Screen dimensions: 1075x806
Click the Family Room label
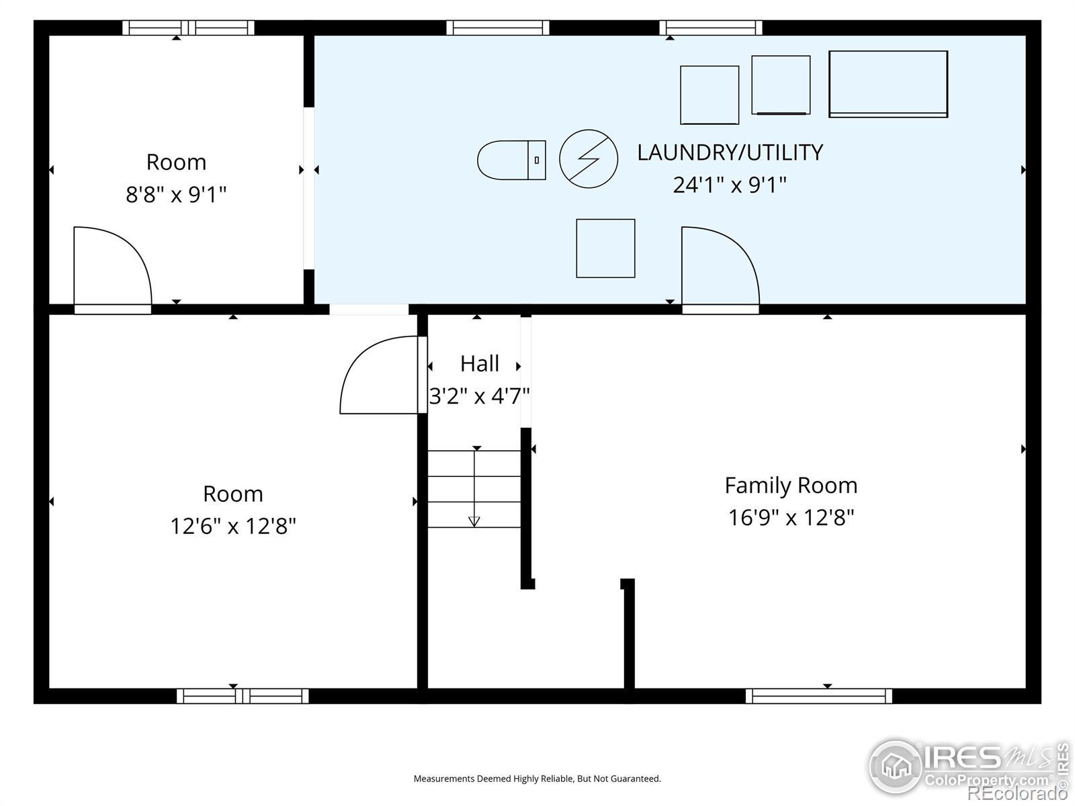point(791,486)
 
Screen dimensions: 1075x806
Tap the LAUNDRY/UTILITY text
point(730,152)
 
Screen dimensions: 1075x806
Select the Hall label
point(480,363)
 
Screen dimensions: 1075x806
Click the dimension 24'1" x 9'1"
point(730,185)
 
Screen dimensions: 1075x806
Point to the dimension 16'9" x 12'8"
point(791,518)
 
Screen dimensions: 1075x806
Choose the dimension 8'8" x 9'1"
point(176,194)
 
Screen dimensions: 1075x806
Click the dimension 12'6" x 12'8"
point(233,527)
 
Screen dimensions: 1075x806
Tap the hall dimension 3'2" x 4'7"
point(480,396)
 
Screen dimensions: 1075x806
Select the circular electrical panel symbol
point(588,159)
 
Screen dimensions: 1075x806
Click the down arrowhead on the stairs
point(474,522)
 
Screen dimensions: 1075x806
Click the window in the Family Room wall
point(818,695)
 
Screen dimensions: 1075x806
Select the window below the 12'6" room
point(243,695)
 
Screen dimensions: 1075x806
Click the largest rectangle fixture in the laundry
point(888,84)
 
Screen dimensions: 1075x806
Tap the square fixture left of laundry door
point(605,248)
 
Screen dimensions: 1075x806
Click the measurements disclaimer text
point(537,778)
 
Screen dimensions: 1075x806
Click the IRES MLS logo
point(969,772)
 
